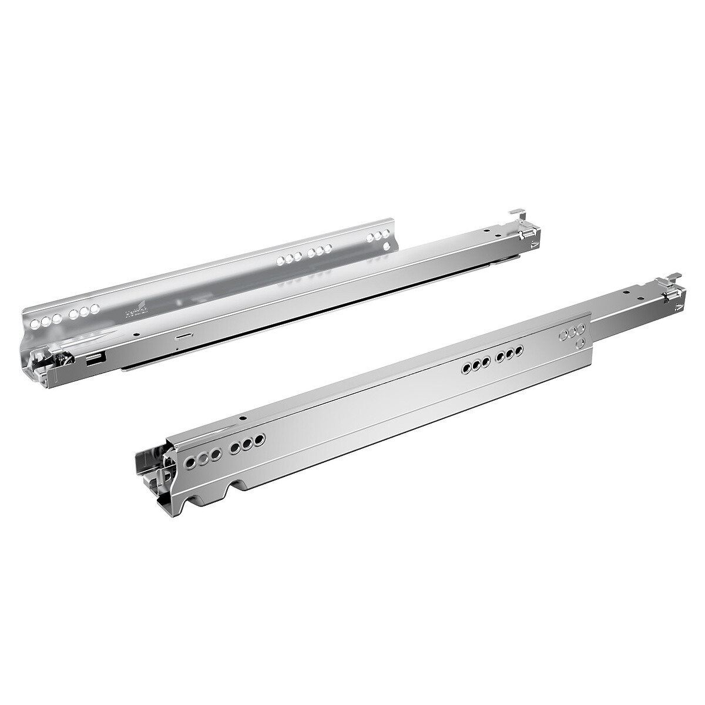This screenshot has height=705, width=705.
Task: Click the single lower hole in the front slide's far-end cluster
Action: pyautogui.click(x=580, y=342)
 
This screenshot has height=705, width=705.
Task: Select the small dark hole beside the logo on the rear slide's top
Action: pyautogui.click(x=137, y=333)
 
